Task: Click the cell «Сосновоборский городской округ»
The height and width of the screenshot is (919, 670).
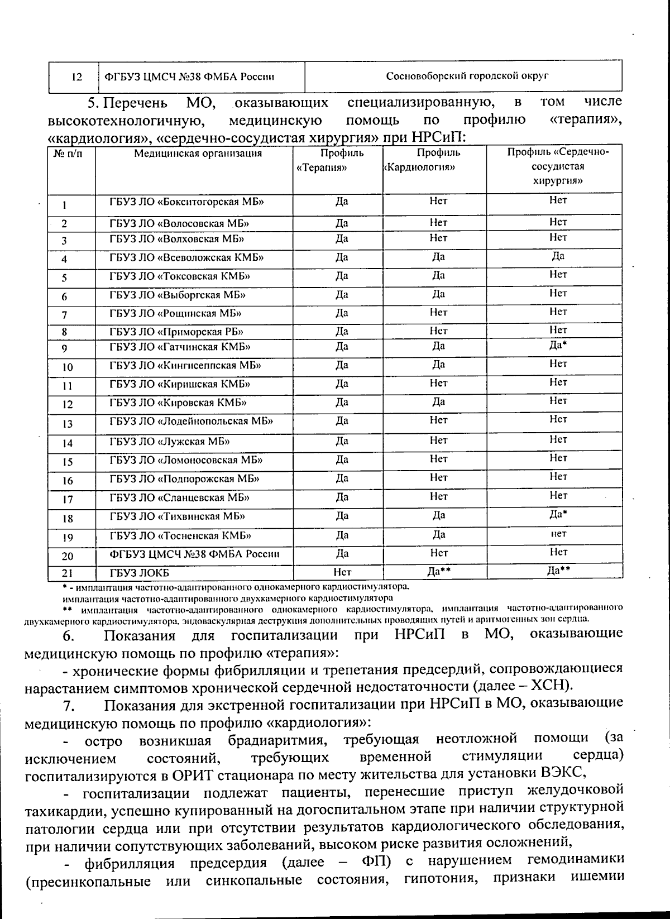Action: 467,76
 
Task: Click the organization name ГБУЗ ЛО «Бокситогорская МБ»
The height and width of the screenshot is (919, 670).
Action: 186,202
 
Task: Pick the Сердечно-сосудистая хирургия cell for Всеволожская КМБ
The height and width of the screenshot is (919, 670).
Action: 558,256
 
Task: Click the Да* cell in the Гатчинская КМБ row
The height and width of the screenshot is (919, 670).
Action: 558,345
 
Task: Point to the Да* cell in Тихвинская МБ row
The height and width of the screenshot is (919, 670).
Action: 558,514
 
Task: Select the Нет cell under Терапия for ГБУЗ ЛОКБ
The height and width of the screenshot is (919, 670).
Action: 342,572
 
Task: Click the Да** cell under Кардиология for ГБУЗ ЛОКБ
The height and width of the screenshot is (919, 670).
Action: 439,571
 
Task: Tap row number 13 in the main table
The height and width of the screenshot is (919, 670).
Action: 67,424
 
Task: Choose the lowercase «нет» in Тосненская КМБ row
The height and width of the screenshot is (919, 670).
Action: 558,534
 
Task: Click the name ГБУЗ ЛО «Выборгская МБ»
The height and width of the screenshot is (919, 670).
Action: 178,295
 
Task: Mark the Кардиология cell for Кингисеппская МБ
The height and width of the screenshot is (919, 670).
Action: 438,365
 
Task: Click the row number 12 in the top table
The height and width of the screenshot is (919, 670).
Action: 76,76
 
